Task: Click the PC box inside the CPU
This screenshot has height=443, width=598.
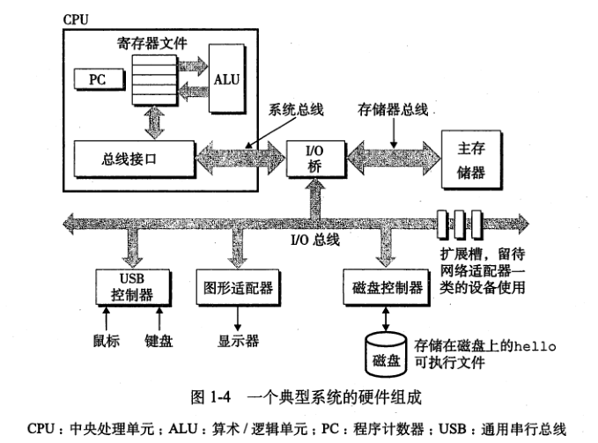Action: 97,79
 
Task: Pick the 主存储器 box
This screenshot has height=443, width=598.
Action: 471,159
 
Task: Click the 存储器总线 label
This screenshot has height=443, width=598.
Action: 393,109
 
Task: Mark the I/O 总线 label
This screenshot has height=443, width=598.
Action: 314,240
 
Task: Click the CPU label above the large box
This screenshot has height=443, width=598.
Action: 76,18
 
